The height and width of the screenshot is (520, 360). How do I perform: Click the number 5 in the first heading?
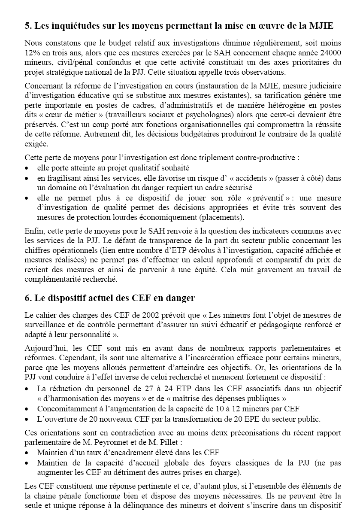tap(27, 26)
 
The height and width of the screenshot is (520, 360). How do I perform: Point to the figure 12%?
tap(32, 53)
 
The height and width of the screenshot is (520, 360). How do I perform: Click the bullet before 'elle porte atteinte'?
tap(27, 168)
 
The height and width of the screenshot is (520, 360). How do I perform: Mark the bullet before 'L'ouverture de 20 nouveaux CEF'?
tap(27, 419)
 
